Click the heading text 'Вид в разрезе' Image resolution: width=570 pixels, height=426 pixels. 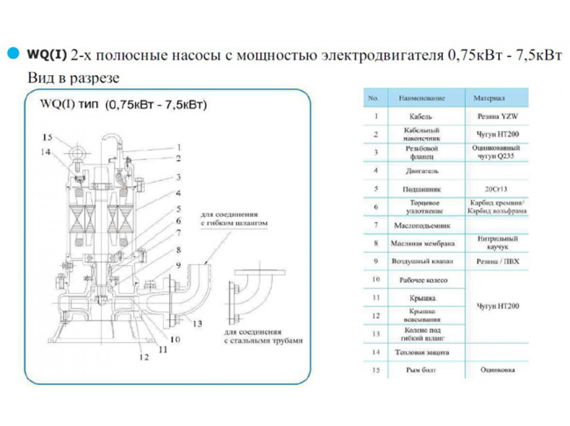pos(74,78)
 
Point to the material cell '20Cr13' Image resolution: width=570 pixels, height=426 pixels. pos(495,189)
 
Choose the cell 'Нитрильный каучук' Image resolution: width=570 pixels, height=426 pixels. pos(495,244)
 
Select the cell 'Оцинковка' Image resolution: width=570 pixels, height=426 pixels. pos(495,371)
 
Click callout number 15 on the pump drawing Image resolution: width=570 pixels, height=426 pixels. pos(47,137)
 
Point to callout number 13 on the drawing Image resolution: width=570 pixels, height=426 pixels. pos(197,323)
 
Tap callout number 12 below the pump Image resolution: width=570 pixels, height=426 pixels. pos(144,358)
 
